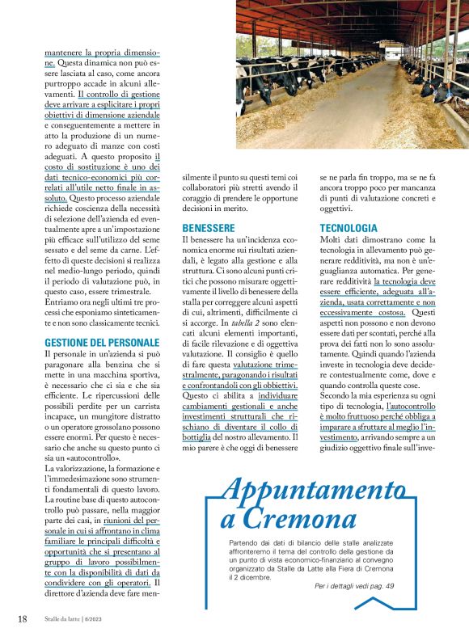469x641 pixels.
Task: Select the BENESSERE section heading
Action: (209, 228)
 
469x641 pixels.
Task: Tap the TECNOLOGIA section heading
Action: (349, 228)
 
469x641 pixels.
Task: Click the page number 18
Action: (23, 619)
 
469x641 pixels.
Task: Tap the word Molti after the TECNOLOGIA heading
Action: (335, 242)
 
